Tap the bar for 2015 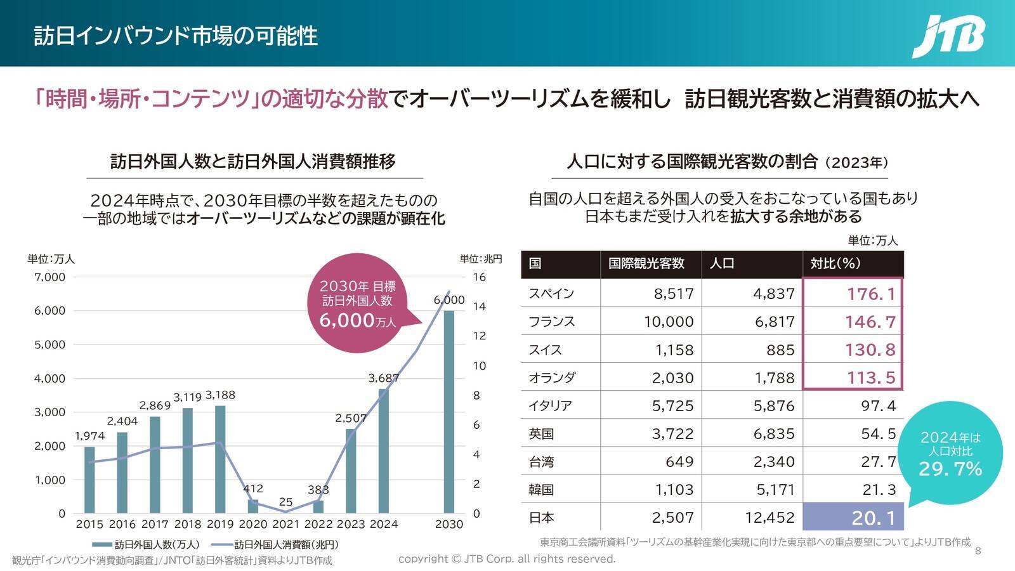[x=89, y=480]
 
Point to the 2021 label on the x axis [x=285, y=524]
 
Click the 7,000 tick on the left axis [x=50, y=277]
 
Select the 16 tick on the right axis [x=479, y=277]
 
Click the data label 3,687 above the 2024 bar [x=383, y=378]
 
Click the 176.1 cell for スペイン [x=871, y=294]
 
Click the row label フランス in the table [x=551, y=322]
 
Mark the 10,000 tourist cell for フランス [x=669, y=322]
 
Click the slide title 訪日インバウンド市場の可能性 [x=176, y=36]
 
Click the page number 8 [x=978, y=551]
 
